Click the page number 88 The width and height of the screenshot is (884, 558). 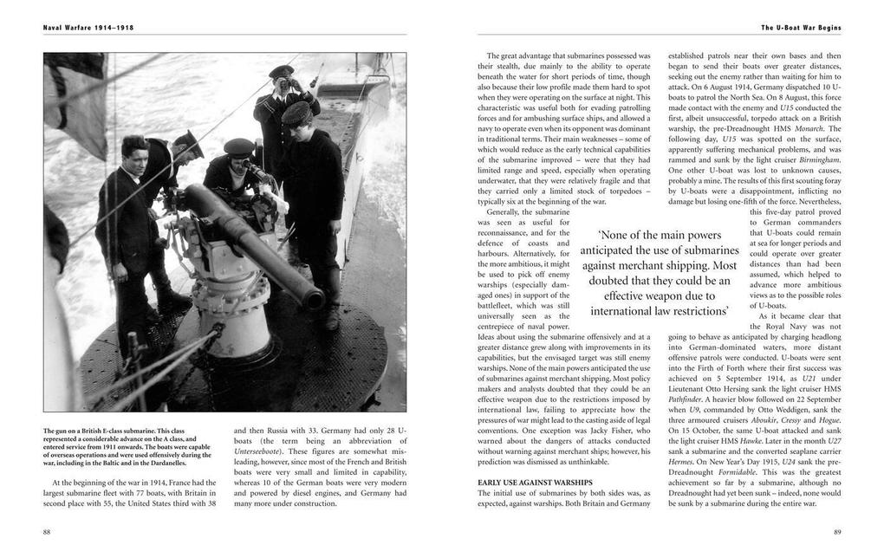pos(47,532)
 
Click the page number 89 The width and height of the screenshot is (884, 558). pos(836,532)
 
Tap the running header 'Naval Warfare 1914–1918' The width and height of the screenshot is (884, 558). pos(88,28)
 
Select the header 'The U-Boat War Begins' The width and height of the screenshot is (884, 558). pos(801,28)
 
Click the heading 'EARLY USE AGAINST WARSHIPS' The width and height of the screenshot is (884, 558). pos(535,482)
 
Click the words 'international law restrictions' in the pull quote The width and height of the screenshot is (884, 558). pos(659,311)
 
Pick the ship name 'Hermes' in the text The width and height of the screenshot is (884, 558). pos(684,461)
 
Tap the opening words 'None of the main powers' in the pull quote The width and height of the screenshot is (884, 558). pos(659,235)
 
